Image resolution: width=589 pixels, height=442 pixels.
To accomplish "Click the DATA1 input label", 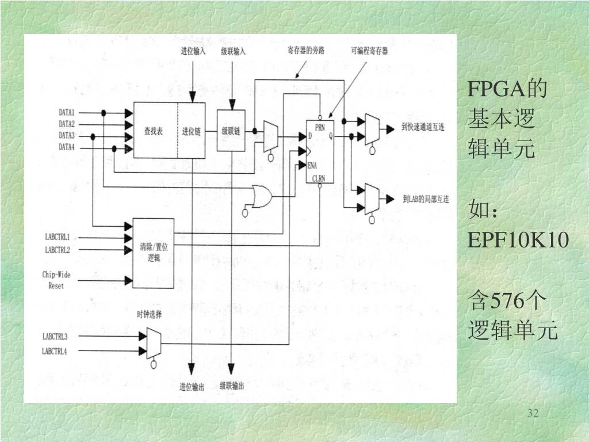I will [x=67, y=113].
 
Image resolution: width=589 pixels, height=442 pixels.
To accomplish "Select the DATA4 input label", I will [x=67, y=147].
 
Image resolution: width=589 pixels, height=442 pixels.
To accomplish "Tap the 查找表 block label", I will [x=153, y=131].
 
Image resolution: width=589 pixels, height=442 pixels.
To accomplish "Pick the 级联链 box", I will [x=231, y=130].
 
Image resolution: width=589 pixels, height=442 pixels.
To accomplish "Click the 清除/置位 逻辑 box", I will [x=153, y=253].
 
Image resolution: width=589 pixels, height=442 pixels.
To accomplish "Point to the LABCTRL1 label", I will [x=58, y=237].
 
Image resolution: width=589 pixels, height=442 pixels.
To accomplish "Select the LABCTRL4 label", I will [x=55, y=350].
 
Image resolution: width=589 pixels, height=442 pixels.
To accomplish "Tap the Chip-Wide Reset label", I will [x=56, y=280].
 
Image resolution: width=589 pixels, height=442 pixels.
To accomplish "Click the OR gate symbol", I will [x=262, y=197].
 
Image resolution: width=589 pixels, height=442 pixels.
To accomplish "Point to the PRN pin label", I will [x=320, y=127].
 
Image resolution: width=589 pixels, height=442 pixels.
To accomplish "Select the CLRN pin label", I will [x=319, y=179].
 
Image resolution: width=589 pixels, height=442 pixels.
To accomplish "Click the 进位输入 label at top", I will [x=193, y=51].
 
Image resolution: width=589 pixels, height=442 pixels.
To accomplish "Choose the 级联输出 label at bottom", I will [x=232, y=386].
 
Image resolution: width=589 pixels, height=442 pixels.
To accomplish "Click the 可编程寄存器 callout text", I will [x=369, y=51].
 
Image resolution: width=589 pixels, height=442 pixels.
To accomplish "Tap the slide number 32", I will [x=533, y=413].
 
